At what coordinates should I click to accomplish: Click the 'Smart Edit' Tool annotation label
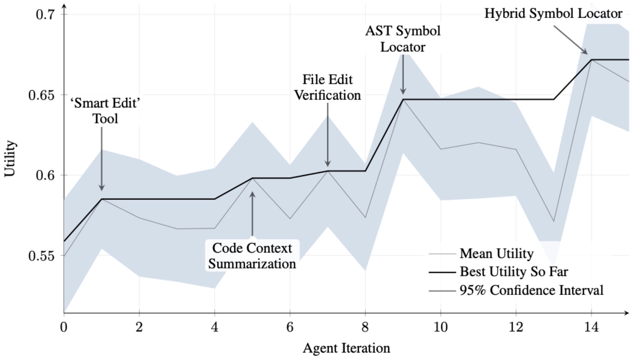click(x=105, y=111)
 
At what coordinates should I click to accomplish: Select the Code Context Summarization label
click(x=252, y=256)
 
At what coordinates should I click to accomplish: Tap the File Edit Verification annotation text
click(x=327, y=87)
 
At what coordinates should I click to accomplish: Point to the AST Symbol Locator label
click(x=403, y=39)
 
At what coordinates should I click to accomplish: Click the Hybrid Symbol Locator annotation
click(x=553, y=14)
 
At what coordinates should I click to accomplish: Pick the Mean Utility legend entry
click(x=496, y=254)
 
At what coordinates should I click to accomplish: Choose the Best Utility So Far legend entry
click(x=514, y=272)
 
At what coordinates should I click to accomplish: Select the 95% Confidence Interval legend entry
click(x=531, y=290)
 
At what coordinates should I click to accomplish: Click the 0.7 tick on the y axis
click(x=45, y=14)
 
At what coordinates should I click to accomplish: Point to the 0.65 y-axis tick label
click(x=41, y=95)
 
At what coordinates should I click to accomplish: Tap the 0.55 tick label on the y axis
click(x=41, y=256)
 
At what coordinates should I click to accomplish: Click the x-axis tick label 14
click(x=591, y=327)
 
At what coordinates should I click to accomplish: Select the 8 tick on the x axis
click(x=365, y=327)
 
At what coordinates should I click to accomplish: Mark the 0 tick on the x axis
click(x=64, y=327)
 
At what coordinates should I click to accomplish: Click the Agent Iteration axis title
click(x=346, y=348)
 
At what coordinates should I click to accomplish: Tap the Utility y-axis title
click(x=10, y=159)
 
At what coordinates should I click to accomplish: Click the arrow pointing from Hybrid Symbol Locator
click(x=570, y=40)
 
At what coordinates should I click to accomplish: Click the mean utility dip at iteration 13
click(x=554, y=221)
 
